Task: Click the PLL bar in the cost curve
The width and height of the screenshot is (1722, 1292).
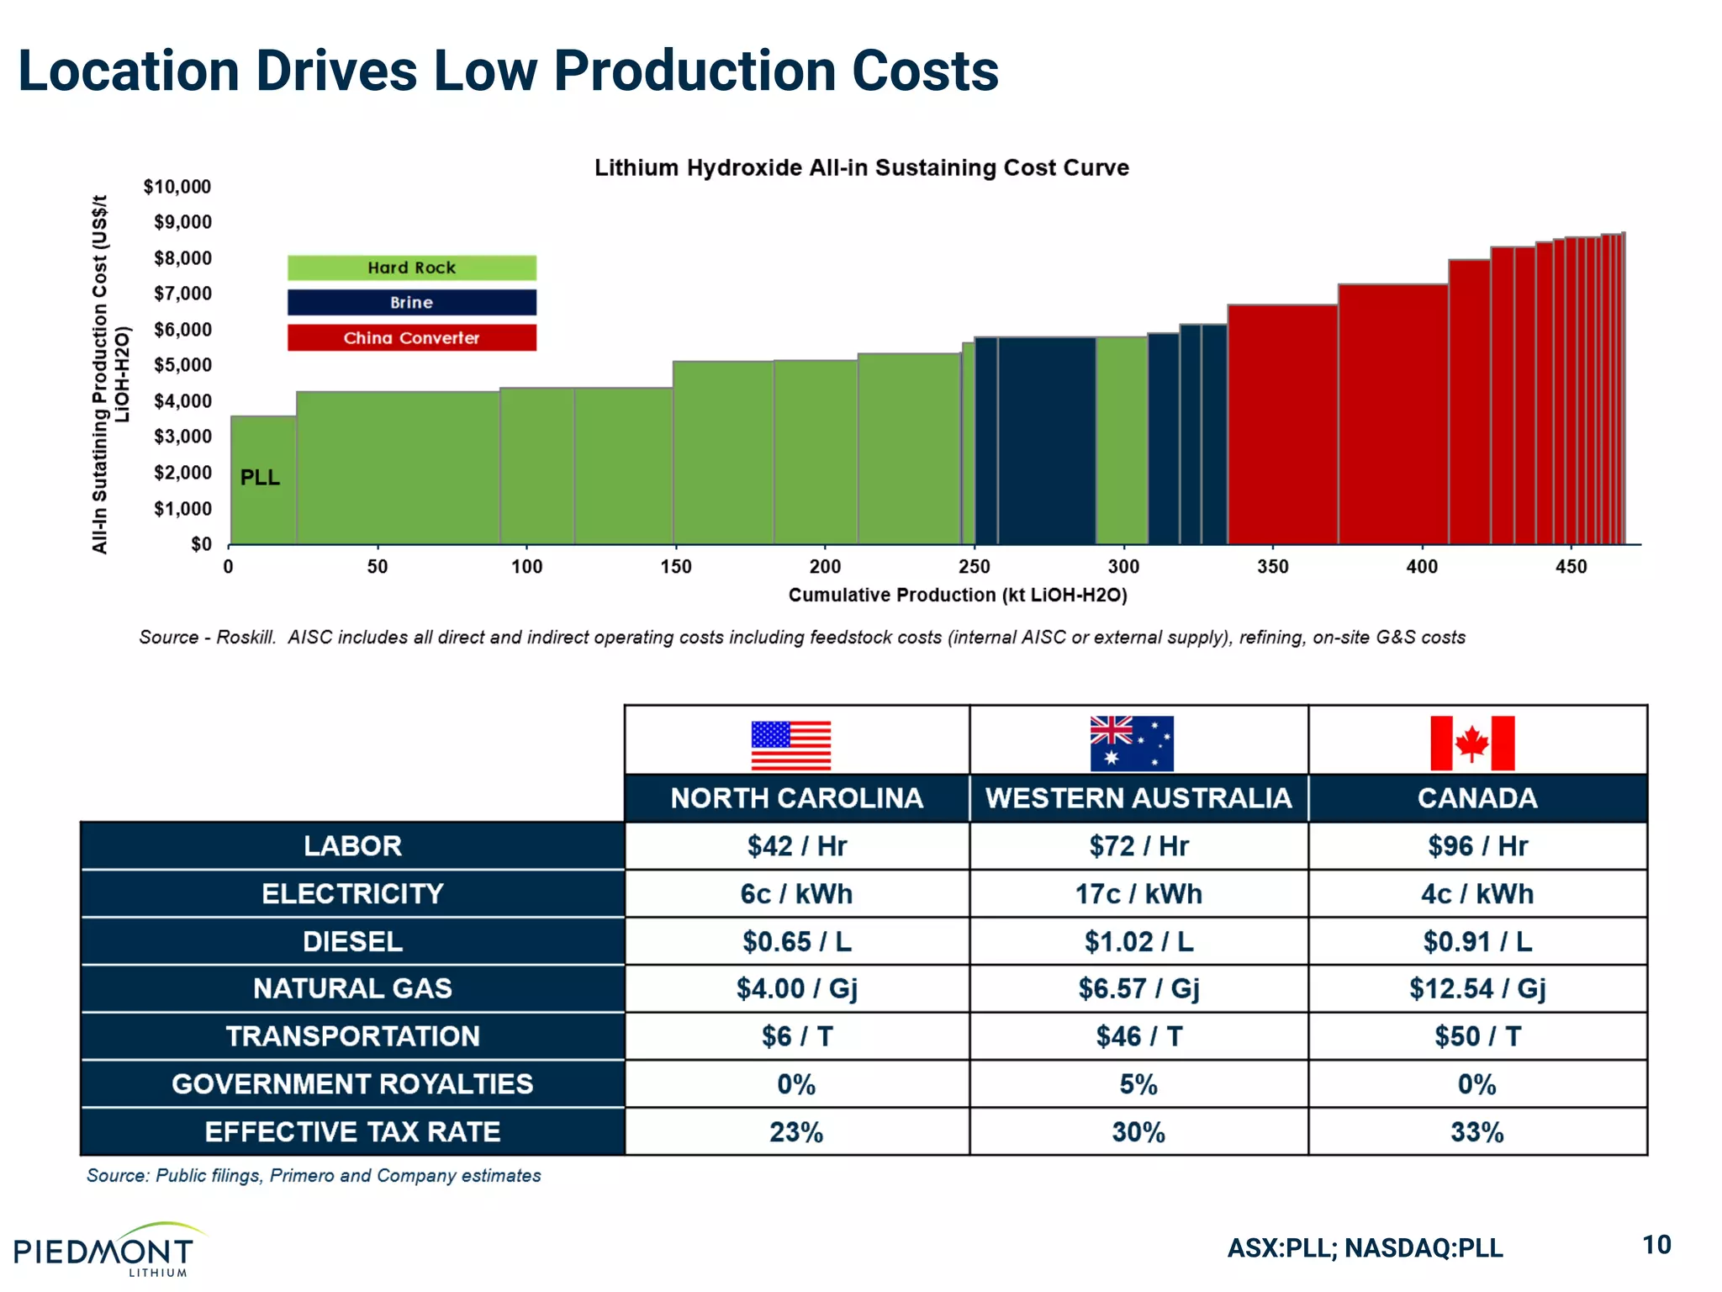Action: click(x=263, y=479)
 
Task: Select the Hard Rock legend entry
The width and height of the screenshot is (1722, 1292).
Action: click(x=411, y=267)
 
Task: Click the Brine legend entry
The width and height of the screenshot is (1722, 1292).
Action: click(x=411, y=303)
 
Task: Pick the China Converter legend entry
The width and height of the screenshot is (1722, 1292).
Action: click(x=411, y=338)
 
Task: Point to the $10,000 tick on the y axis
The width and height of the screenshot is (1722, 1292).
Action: click(x=177, y=187)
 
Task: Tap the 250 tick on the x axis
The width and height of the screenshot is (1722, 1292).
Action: click(x=975, y=567)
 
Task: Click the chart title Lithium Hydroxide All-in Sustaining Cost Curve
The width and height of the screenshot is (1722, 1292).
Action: click(x=861, y=167)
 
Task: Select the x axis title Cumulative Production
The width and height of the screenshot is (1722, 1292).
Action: click(x=958, y=596)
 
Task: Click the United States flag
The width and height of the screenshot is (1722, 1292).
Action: click(x=790, y=745)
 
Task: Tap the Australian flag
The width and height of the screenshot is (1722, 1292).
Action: click(x=1132, y=744)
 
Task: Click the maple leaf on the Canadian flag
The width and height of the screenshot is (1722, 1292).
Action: click(x=1472, y=744)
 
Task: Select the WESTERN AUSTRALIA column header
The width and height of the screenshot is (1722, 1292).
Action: click(x=1138, y=798)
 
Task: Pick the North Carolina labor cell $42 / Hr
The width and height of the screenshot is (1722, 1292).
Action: click(x=796, y=846)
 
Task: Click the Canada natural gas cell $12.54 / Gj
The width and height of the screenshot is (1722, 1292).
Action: click(x=1477, y=988)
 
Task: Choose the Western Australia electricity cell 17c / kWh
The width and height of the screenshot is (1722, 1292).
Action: click(x=1138, y=894)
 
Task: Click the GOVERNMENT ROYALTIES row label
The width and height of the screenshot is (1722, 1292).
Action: click(x=352, y=1084)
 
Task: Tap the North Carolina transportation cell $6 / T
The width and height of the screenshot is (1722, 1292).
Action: click(x=796, y=1036)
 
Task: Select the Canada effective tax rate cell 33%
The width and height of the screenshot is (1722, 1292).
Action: click(x=1477, y=1132)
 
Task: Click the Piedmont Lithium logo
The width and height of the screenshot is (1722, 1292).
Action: click(x=105, y=1250)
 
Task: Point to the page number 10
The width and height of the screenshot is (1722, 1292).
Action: click(x=1656, y=1245)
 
